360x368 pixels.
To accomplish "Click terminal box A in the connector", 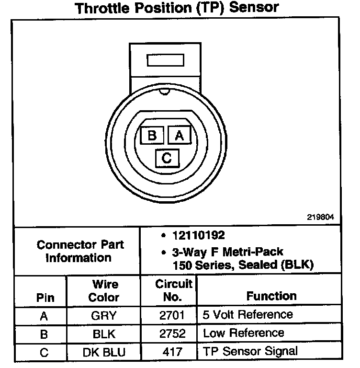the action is coord(180,136).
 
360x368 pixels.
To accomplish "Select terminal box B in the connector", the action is coord(152,136).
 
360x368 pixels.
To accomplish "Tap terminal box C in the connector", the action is coord(167,158).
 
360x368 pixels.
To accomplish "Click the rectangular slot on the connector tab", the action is coord(165,61).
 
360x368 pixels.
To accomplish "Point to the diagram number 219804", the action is coord(320,217).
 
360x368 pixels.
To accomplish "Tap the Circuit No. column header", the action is coord(173,290).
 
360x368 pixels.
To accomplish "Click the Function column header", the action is coord(271,296).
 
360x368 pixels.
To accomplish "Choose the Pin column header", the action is coord(45,297).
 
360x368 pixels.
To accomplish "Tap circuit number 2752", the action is coord(173,333).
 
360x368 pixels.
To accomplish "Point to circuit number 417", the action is coord(173,352).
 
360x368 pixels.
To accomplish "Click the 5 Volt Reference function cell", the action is coord(247,315).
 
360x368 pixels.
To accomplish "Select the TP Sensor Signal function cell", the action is coord(250,351).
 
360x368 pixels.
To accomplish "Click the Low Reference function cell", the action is coord(243,333).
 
